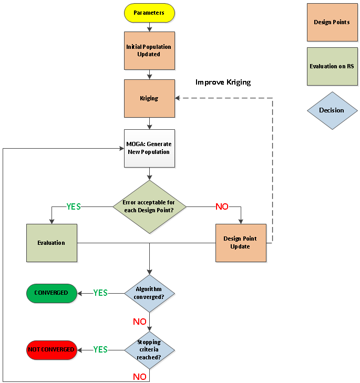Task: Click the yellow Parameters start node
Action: [x=149, y=13]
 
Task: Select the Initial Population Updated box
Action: [x=149, y=50]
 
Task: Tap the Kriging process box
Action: [x=149, y=98]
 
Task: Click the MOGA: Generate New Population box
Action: [x=149, y=148]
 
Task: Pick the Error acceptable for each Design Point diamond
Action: [x=150, y=206]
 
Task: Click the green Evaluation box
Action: [x=52, y=243]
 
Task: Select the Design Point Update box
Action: [x=240, y=243]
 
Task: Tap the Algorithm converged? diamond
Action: [x=149, y=293]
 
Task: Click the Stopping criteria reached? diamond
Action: [x=149, y=349]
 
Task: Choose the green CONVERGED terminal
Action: [x=51, y=293]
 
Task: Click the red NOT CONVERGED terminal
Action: [x=51, y=349]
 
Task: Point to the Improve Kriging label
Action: [x=223, y=82]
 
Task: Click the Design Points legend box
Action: [x=332, y=22]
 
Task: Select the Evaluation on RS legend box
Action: [x=332, y=66]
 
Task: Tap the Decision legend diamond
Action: [x=332, y=110]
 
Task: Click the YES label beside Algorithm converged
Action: [x=100, y=293]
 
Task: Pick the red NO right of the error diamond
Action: [x=222, y=206]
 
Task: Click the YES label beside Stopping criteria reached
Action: [x=100, y=349]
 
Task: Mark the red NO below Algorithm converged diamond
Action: [x=140, y=321]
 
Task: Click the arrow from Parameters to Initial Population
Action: [x=149, y=27]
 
